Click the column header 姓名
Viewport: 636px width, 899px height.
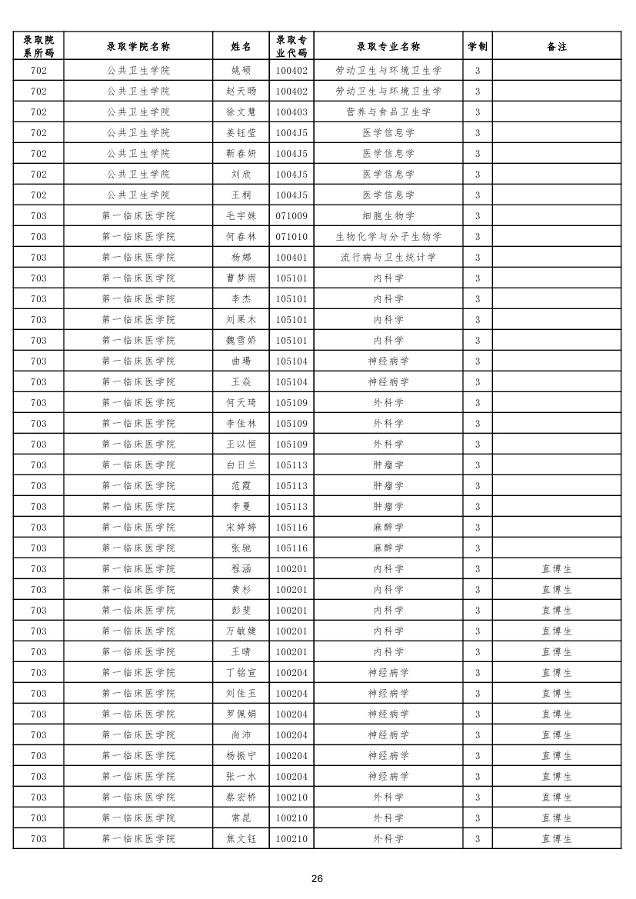coord(241,46)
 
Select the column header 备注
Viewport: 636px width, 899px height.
coord(556,46)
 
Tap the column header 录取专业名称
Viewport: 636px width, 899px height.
coord(388,46)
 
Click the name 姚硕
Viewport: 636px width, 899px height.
coord(241,71)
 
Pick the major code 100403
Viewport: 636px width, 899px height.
coord(291,112)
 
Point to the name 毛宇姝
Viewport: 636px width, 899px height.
coord(241,216)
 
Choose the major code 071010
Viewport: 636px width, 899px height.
coord(291,237)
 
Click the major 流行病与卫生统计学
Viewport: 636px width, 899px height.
coord(388,258)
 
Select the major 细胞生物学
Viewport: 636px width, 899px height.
coord(388,216)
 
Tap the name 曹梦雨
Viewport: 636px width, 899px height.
coord(241,278)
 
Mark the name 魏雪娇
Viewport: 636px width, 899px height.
coord(241,341)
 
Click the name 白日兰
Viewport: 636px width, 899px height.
coord(241,465)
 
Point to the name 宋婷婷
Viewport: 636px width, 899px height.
coord(241,528)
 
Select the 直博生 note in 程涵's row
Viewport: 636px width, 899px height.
coord(556,569)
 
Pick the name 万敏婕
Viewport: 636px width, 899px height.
coord(241,631)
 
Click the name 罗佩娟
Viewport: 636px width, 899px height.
coord(241,714)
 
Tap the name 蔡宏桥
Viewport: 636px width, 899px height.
coord(241,797)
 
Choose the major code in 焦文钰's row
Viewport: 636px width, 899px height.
coord(291,839)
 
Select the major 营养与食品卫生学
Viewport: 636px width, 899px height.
coord(388,112)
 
